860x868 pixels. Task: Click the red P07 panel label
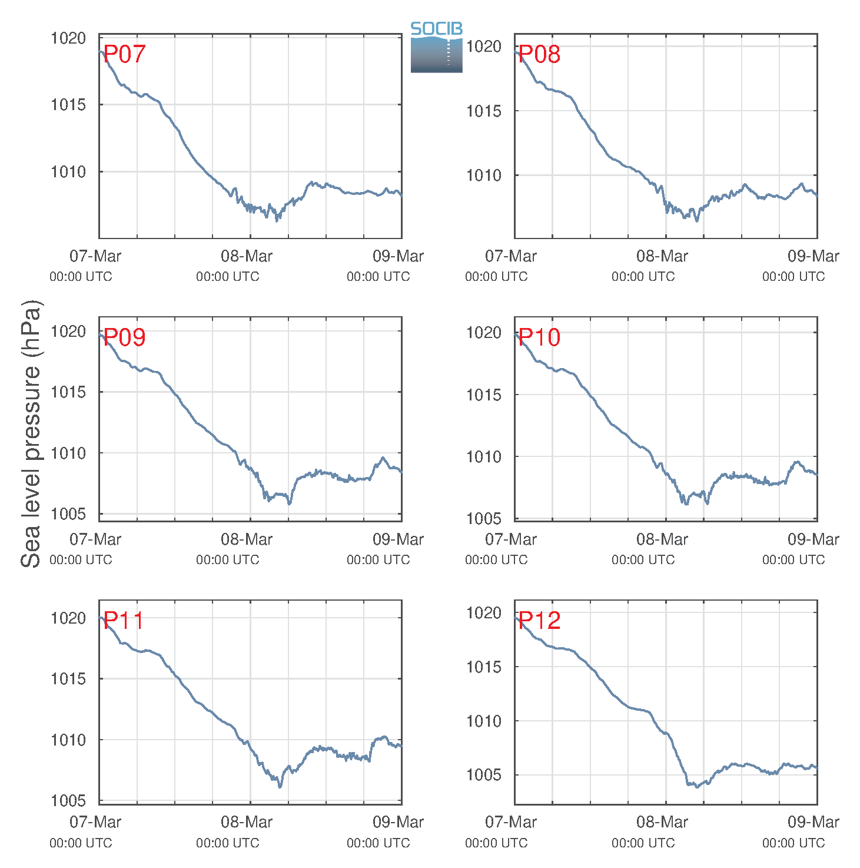coord(124,54)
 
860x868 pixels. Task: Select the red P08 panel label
coord(539,54)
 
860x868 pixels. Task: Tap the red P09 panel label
coord(124,337)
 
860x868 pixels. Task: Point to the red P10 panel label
coord(539,337)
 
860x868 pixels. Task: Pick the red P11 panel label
coord(124,620)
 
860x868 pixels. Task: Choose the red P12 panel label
coord(539,620)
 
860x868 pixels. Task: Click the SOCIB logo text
coord(436,29)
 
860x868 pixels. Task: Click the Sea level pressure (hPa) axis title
coord(31,434)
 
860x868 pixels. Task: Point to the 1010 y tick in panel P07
coord(68,171)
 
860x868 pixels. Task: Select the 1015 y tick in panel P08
coord(484,111)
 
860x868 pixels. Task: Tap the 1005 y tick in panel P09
coord(68,513)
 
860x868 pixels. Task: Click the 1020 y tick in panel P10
coord(484,333)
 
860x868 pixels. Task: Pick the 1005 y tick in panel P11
coord(68,800)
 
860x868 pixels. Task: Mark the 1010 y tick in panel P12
coord(484,721)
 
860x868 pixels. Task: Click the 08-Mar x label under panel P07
coord(246,256)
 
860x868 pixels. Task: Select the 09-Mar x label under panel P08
coord(813,256)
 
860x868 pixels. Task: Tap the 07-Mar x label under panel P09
coord(95,539)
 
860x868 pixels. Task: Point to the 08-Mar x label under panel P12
coord(662,822)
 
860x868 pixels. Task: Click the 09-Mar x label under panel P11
coord(398,822)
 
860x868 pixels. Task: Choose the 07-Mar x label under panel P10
coord(510,539)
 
